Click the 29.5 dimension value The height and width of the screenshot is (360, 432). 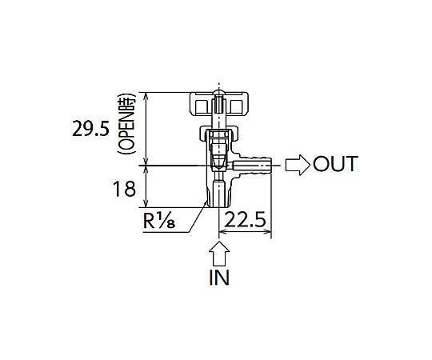click(90, 129)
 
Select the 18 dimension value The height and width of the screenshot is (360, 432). click(124, 189)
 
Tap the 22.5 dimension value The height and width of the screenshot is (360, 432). click(246, 219)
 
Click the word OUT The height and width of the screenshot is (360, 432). click(335, 164)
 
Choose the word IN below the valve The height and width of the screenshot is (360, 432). click(219, 278)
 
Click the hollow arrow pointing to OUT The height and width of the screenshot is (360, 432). click(298, 165)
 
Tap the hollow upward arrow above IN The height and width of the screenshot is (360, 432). click(219, 254)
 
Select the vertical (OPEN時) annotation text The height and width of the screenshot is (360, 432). click(126, 123)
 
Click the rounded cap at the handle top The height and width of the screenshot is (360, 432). click(219, 92)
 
